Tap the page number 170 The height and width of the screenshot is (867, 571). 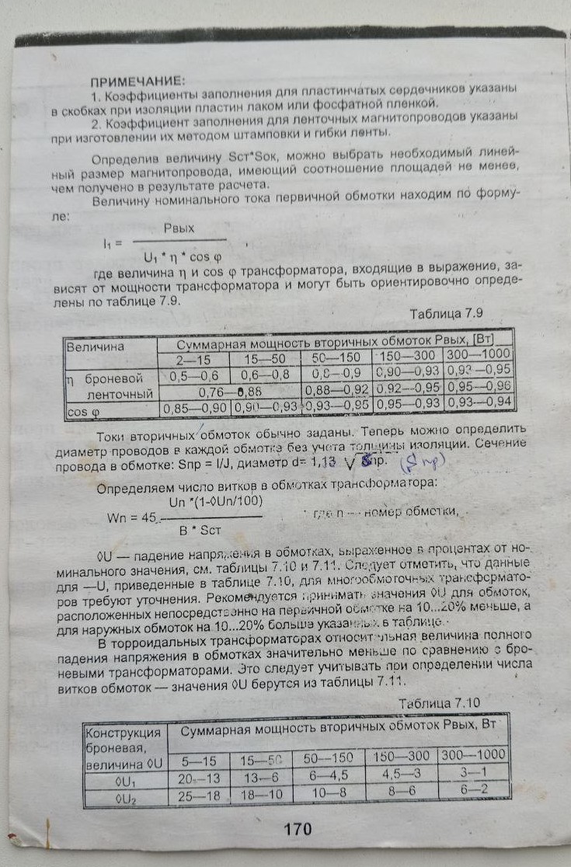coord(298,829)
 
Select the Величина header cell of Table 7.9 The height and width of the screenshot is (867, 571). coord(97,346)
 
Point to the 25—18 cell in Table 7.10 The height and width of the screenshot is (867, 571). coord(199,796)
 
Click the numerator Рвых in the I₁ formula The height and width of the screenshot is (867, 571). coord(179,228)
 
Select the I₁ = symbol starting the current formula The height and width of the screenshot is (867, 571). coord(113,242)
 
